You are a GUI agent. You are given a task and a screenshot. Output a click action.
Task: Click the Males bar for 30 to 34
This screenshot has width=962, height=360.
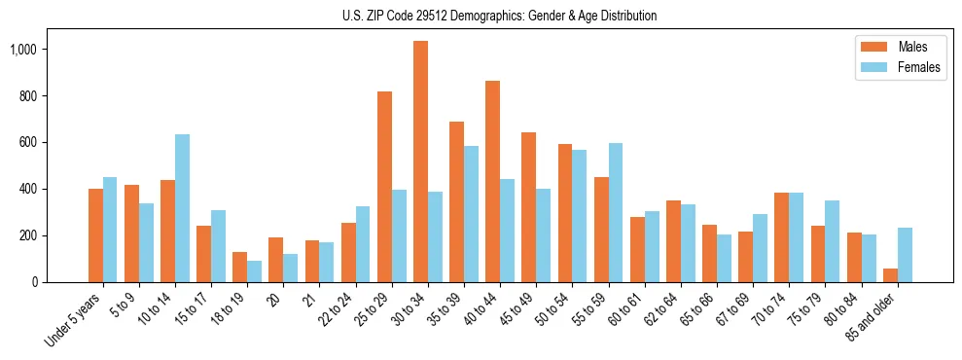click(420, 162)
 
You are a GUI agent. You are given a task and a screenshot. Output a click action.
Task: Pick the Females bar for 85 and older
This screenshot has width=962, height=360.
click(905, 255)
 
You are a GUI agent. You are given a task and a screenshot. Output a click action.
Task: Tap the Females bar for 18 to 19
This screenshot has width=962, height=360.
click(254, 271)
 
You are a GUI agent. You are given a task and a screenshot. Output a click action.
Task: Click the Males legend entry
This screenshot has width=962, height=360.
click(898, 47)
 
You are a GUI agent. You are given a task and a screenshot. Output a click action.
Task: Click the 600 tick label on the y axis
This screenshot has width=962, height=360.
click(54, 142)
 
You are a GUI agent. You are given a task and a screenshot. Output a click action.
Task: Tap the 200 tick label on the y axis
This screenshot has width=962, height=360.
click(54, 235)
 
